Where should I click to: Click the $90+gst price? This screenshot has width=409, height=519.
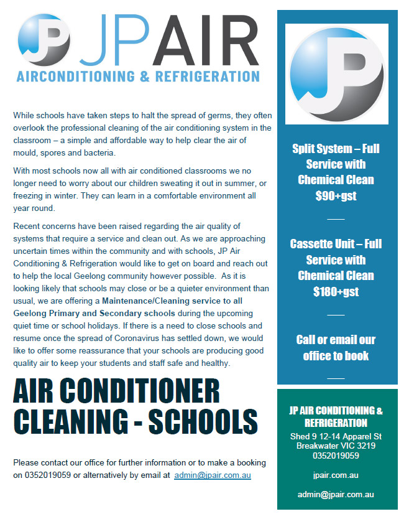336,195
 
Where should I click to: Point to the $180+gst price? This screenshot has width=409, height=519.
336,291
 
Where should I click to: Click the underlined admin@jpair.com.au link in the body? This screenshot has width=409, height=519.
213,475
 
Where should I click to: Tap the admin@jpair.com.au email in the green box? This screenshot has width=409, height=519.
336,495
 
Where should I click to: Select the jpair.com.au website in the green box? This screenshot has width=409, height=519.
336,475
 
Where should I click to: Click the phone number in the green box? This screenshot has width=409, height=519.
336,455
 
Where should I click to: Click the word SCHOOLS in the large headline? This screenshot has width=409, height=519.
202,421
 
